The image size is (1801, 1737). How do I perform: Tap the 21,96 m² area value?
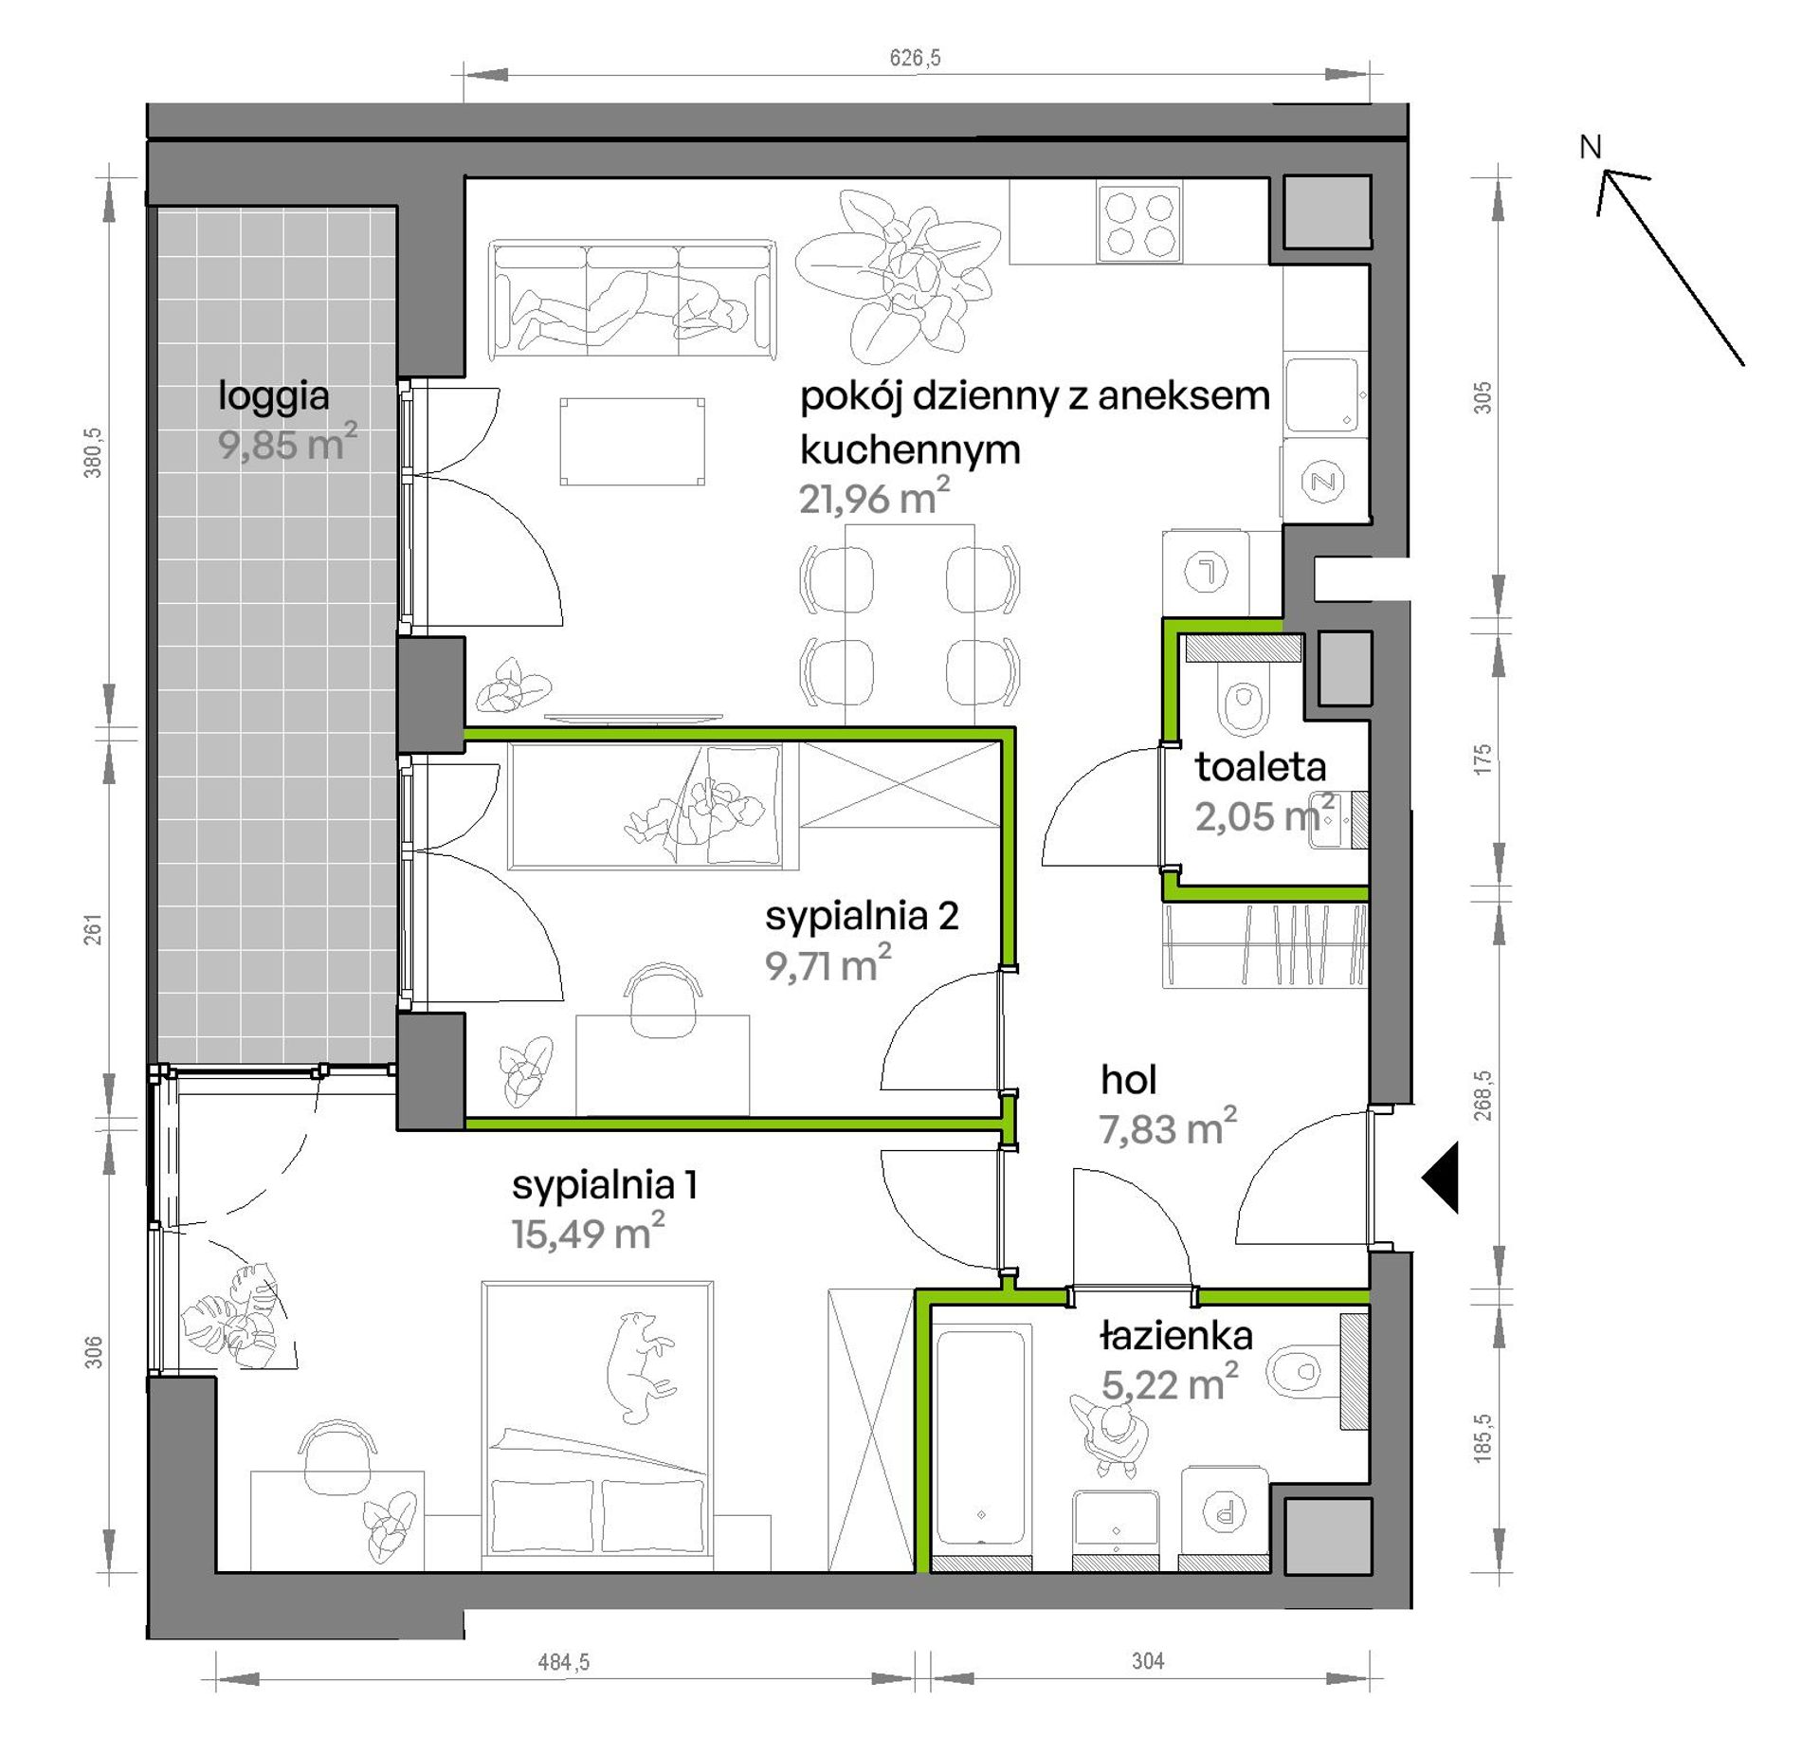coord(874,498)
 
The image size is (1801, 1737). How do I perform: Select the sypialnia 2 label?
coord(862,917)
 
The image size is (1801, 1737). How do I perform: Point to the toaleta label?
coord(1260,767)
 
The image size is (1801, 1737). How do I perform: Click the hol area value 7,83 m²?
coord(1168,1127)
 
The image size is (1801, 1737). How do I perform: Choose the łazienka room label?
coord(1176,1336)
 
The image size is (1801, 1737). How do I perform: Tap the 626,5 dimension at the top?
coord(915,58)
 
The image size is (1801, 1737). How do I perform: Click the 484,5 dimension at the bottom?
coord(564,1662)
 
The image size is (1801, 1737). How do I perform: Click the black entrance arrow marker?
coord(1440,1177)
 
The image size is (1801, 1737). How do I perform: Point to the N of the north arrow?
coord(1590,147)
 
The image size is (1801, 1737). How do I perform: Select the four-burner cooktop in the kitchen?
coord(1139,223)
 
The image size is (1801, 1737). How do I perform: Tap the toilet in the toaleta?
coord(1244,698)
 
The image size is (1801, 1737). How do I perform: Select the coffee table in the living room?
coord(632,442)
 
